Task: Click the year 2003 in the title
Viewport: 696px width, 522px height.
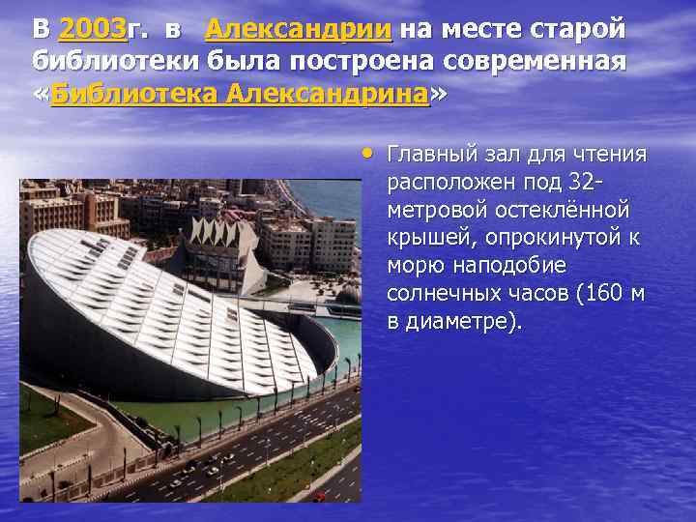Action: [x=93, y=30]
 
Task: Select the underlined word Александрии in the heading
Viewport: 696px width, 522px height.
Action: [x=299, y=30]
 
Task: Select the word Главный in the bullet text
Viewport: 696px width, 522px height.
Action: [x=426, y=155]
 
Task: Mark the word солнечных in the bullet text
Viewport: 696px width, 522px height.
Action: [x=441, y=293]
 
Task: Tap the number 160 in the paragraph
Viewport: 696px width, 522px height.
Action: [x=603, y=293]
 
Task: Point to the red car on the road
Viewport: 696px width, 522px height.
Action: [x=319, y=496]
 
